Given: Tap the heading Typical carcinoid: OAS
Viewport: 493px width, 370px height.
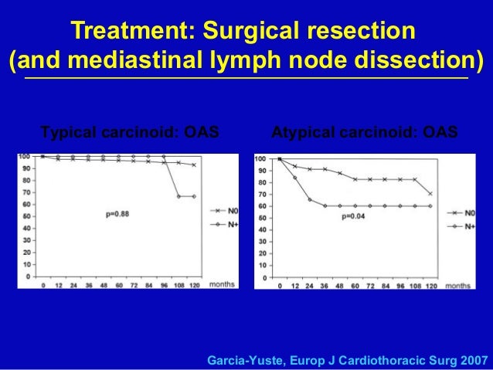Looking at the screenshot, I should coord(129,132).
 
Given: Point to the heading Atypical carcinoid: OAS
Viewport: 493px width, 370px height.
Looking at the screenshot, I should coord(365,132).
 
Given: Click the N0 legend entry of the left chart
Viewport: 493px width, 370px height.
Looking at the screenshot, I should coord(230,210).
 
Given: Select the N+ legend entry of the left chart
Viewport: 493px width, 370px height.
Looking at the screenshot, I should coord(230,224).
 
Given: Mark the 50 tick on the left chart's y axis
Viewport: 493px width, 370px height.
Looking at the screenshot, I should coord(27,216).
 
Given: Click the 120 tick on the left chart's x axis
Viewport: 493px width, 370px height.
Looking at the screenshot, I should coord(193,285).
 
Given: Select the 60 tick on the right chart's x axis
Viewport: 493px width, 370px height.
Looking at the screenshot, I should coord(354,286).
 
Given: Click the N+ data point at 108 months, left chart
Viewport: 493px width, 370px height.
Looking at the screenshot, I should coord(178,196).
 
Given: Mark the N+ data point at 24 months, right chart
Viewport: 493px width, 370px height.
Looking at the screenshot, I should coord(309,199).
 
